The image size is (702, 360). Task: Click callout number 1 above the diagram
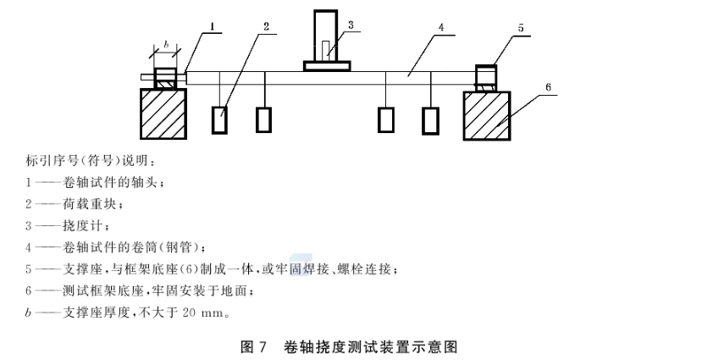coord(213,26)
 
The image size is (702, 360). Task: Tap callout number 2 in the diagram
coord(267,27)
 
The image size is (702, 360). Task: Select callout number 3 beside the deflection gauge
coord(351,25)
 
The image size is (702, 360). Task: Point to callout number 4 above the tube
coord(441,27)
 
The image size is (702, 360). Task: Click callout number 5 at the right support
coord(521,28)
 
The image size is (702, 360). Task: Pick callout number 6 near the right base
coord(549,87)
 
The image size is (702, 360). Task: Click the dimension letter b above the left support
coord(166,44)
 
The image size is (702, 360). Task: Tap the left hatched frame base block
coord(163,114)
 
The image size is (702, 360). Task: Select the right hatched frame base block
coord(487,116)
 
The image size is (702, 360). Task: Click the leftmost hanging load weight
coord(219,120)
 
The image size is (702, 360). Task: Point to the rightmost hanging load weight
coord(430,121)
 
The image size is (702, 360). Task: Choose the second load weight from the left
coord(263,120)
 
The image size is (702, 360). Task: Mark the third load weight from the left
coord(386,120)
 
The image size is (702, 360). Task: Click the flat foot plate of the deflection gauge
coord(327,66)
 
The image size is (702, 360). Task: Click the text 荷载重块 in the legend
coord(91,204)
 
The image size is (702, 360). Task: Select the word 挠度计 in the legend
coord(83,225)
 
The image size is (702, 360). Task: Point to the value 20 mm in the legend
coord(202,313)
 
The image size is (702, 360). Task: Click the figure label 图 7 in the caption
coord(253,347)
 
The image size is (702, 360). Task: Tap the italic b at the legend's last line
coord(28,313)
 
